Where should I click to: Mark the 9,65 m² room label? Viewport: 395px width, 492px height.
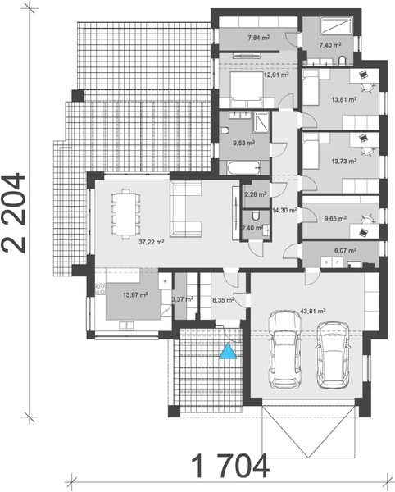coord(338,219)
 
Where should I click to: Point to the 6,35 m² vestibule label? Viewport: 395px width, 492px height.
coord(224,301)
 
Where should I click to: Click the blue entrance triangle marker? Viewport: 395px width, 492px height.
coord(227,352)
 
